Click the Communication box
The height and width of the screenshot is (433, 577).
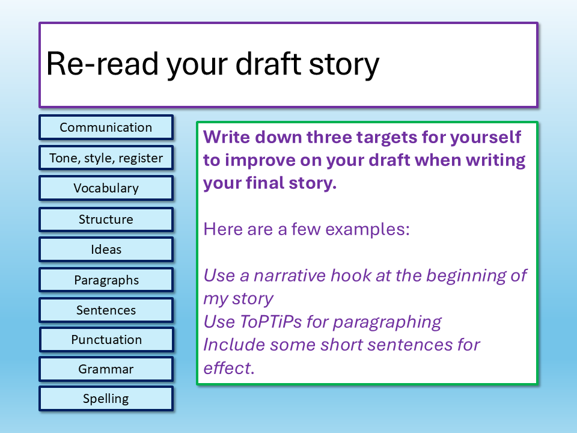point(106,127)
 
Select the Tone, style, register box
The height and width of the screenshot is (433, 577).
point(106,158)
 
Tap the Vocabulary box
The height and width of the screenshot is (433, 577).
point(106,188)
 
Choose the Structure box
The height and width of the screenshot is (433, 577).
point(106,220)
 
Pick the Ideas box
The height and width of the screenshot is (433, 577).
point(106,250)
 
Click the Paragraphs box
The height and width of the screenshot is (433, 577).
point(106,280)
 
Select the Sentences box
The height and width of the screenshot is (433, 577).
point(106,310)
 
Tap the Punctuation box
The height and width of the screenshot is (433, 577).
point(106,339)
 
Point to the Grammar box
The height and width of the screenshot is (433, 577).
point(106,369)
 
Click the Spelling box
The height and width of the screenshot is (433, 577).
point(106,398)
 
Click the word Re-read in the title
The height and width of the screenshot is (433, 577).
point(102,64)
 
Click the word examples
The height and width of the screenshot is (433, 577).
point(367,230)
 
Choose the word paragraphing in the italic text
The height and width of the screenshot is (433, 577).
point(387,323)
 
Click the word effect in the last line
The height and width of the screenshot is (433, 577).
point(229,367)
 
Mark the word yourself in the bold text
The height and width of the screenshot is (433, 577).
point(486,138)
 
